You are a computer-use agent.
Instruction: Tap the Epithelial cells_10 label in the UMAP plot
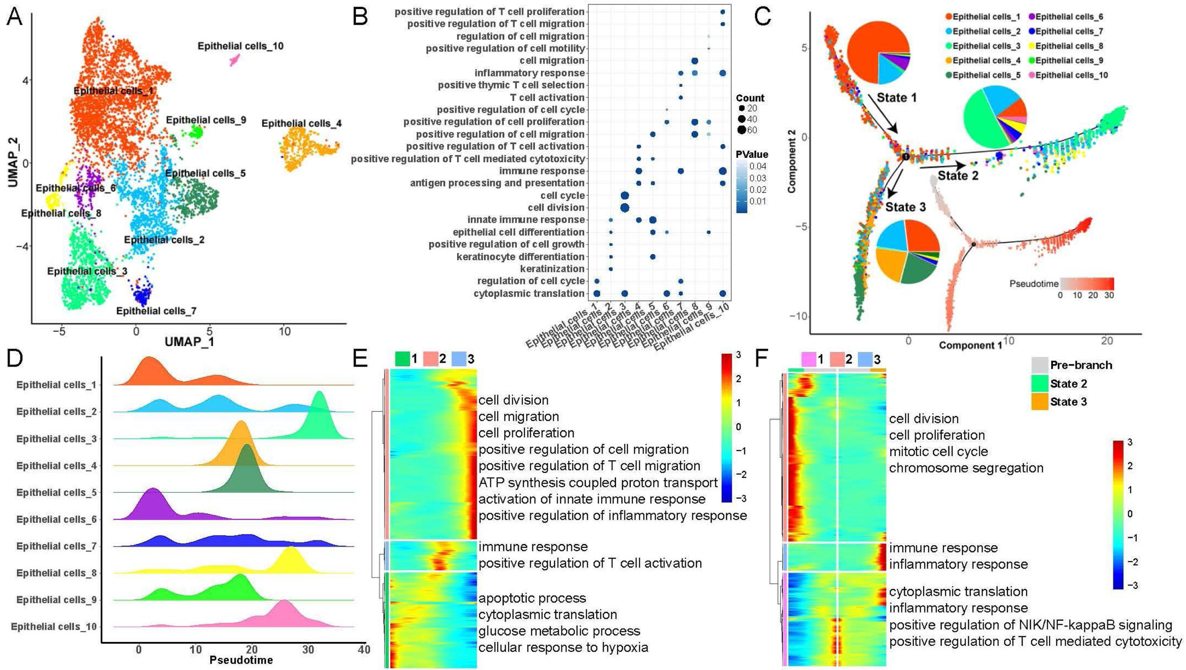[240, 46]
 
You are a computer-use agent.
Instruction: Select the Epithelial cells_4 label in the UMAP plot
[302, 123]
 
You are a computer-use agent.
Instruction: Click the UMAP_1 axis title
[189, 342]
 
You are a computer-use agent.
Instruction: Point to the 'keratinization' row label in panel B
[552, 269]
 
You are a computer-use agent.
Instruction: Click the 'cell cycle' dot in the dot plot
[625, 195]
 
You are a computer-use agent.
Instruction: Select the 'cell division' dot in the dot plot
[625, 207]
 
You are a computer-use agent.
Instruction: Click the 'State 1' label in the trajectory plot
[896, 98]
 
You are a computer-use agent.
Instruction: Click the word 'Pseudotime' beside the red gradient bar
[1034, 284]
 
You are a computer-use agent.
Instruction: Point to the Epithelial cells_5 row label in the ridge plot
[56, 492]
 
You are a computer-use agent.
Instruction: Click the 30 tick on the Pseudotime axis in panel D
[308, 650]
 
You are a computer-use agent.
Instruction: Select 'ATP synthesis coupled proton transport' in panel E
[597, 482]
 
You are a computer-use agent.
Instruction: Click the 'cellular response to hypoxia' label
[563, 647]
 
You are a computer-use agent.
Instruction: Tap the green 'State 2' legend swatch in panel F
[1039, 383]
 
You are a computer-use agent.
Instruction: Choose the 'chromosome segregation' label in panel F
[966, 468]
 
